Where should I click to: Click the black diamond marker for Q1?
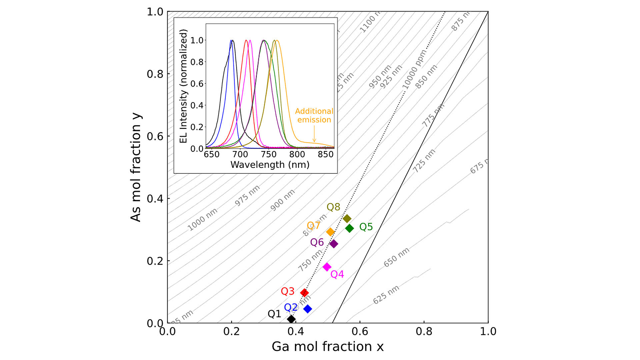291,319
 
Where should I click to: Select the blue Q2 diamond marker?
308,309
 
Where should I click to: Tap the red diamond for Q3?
304,293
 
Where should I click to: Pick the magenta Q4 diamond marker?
327,267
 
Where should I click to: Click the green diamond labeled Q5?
349,228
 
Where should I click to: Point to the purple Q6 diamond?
334,244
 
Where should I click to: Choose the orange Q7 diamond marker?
330,232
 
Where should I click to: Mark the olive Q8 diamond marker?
347,219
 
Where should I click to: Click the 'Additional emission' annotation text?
314,115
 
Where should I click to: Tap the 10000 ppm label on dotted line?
414,70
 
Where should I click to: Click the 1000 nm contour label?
202,219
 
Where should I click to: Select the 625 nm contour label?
386,295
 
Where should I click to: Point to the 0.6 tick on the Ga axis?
360,331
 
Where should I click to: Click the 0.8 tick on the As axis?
155,74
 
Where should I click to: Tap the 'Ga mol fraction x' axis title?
327,347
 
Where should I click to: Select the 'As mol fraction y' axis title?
136,168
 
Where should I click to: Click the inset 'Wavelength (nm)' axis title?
270,165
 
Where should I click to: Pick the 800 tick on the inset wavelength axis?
297,154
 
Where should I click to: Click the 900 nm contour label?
282,200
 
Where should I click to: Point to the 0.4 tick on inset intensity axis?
197,105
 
